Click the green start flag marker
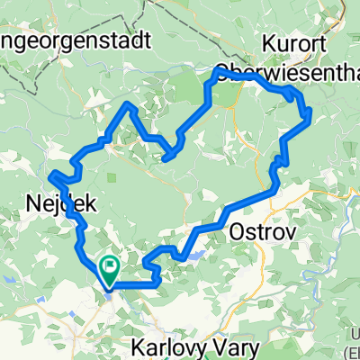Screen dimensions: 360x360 coord(110,268)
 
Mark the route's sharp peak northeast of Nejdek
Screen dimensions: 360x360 coord(130,104)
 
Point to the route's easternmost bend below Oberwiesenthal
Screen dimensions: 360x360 coord(309,113)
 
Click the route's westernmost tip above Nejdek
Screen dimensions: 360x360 coord(50,173)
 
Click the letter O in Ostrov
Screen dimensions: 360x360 coord(238,231)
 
